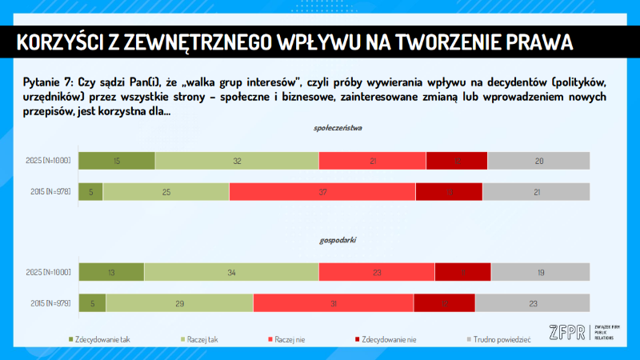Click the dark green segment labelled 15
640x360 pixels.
(x=117, y=161)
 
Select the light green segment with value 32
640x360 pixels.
(x=237, y=161)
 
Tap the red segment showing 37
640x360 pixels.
(x=322, y=192)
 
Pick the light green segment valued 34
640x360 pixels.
(x=231, y=272)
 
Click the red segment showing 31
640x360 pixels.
(x=334, y=303)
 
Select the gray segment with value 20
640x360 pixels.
(x=538, y=161)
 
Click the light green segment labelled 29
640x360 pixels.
(x=180, y=303)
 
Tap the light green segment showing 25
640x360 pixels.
(x=166, y=192)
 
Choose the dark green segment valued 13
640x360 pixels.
(x=111, y=272)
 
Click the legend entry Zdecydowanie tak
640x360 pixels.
(x=102, y=339)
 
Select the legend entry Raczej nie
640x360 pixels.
(x=289, y=339)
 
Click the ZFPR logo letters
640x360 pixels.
(x=566, y=332)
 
